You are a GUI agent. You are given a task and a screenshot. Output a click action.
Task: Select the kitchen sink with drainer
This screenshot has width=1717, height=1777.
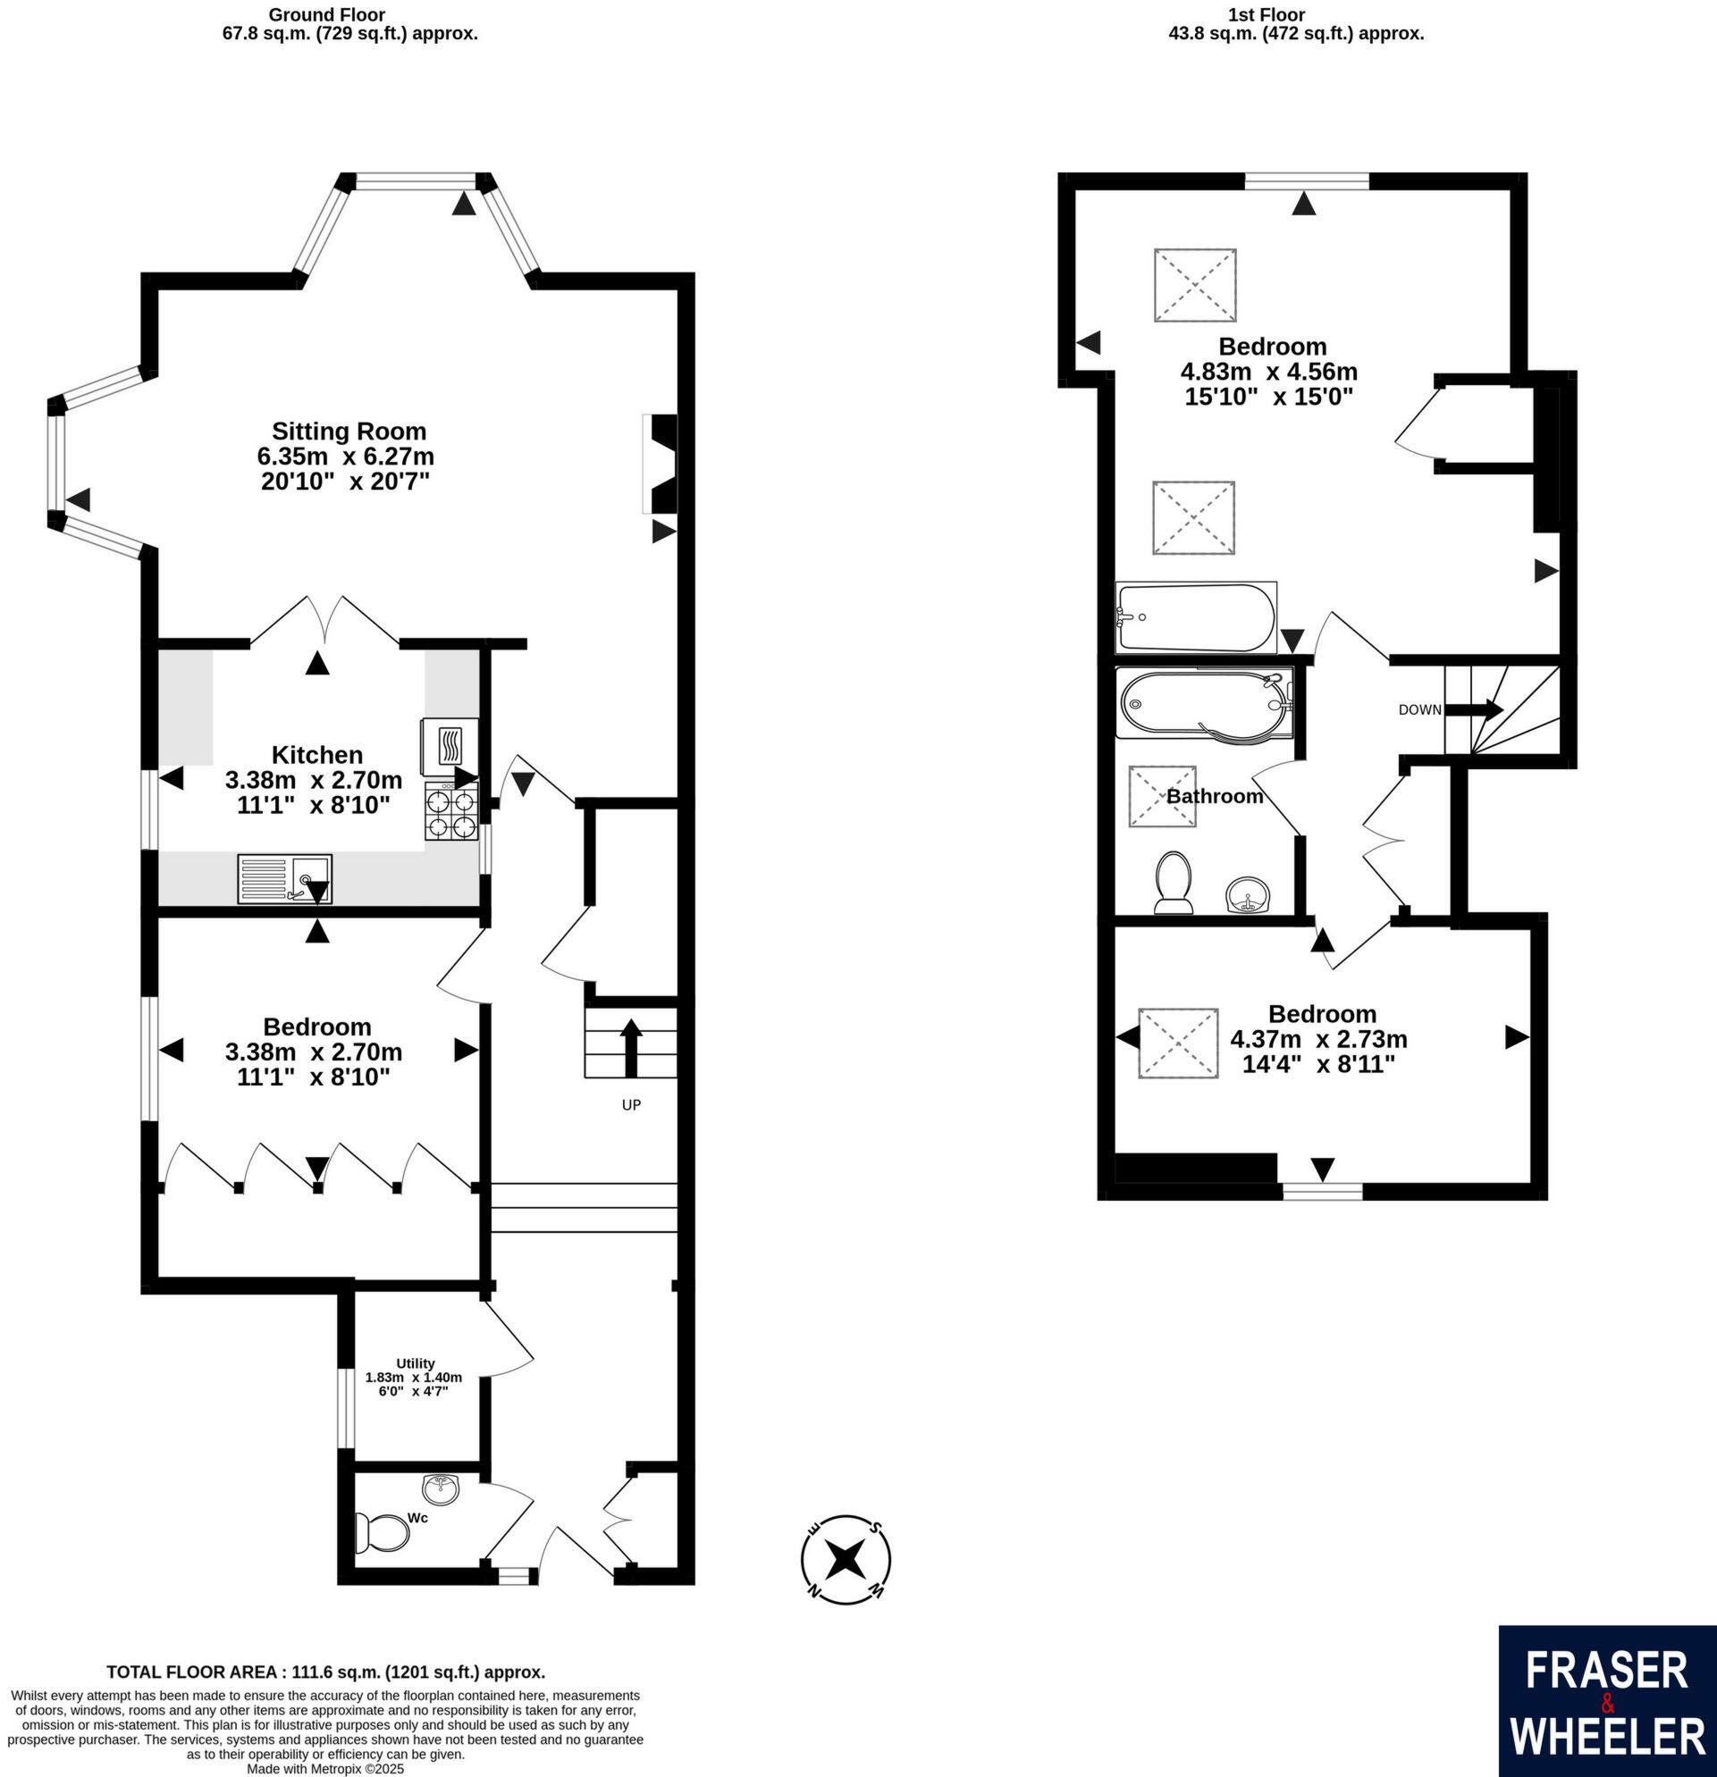(x=285, y=878)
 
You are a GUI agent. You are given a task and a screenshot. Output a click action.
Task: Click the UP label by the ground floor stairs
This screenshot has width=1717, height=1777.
(x=631, y=1105)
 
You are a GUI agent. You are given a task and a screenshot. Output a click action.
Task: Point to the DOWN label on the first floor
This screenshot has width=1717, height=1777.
(x=1419, y=710)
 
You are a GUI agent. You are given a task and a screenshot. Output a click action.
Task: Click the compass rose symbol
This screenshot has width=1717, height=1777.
(x=846, y=1559)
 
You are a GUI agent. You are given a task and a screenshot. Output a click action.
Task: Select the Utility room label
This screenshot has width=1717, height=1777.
(x=416, y=1362)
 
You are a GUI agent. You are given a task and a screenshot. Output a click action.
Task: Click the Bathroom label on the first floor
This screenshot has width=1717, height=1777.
(x=1215, y=796)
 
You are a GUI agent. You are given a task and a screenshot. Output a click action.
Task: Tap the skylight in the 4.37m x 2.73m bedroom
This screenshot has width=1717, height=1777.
(x=1177, y=1043)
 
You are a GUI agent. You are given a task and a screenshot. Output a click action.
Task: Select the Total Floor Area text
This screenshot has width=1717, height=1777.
(x=325, y=1672)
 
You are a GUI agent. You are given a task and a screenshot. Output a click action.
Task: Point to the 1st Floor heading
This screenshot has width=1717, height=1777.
(x=1279, y=15)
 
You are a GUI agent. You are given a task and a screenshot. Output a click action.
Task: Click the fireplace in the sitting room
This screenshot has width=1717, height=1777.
(x=662, y=465)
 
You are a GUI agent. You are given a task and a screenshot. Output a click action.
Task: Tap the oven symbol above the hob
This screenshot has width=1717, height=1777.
(x=450, y=745)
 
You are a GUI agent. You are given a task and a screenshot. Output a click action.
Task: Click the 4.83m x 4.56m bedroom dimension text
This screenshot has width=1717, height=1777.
(x=1268, y=372)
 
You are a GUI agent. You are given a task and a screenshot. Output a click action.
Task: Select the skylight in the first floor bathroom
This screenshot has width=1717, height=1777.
(x=1162, y=796)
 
